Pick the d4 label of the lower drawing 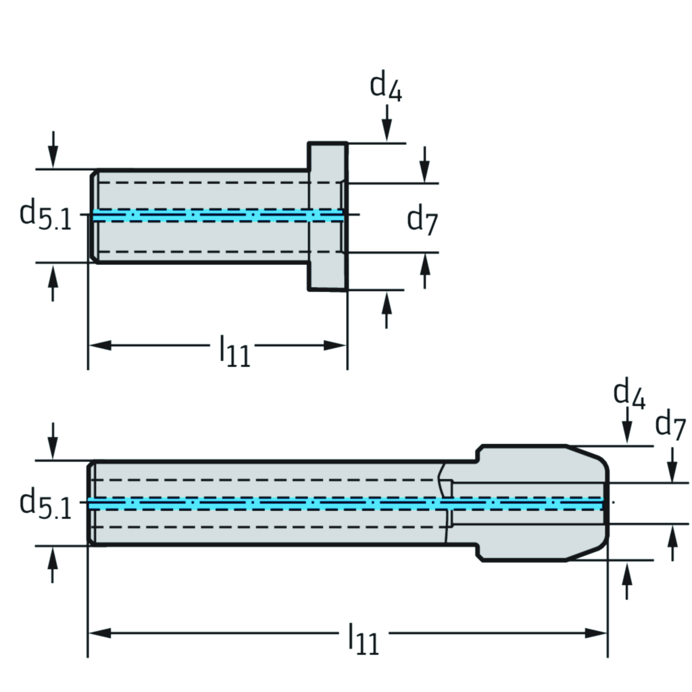tap(629, 394)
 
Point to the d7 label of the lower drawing tap(670, 426)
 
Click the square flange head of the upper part tap(328, 216)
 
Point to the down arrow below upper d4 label tap(387, 125)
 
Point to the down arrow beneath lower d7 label tap(672, 468)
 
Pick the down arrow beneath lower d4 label tap(628, 429)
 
